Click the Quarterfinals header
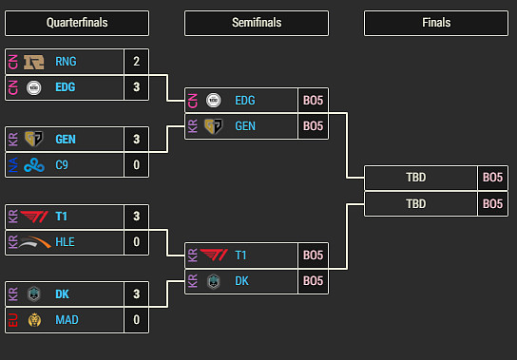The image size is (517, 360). (x=77, y=23)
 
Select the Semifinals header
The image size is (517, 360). (x=257, y=23)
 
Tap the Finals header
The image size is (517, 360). (x=436, y=23)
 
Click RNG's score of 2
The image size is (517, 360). (x=137, y=62)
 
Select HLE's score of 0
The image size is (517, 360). (x=137, y=242)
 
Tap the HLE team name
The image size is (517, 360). (x=66, y=242)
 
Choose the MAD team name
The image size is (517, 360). (x=67, y=320)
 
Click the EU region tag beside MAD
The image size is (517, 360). (x=13, y=320)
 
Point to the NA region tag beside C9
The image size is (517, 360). (x=13, y=165)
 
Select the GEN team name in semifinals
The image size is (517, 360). (x=245, y=125)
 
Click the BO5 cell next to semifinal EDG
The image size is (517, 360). (x=313, y=100)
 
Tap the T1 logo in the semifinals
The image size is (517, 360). (x=215, y=255)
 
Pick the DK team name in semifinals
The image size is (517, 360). (x=242, y=281)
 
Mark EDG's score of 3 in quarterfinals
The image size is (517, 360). (x=137, y=87)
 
